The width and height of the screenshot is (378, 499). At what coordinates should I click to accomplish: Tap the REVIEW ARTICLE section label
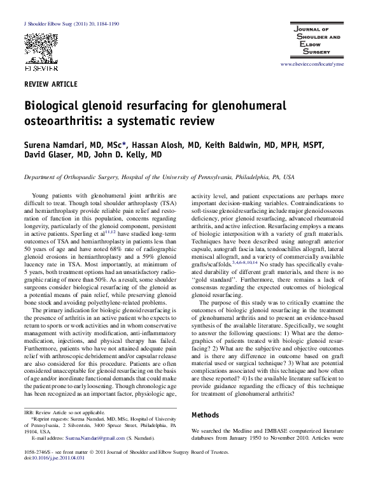pos(48,83)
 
